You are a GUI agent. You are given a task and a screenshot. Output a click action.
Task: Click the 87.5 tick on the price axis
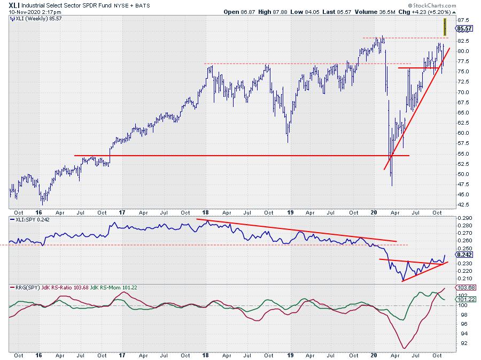click(463, 20)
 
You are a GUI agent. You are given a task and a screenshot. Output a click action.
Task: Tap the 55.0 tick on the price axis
click(463, 154)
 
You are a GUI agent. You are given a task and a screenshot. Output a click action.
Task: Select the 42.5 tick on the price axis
click(463, 205)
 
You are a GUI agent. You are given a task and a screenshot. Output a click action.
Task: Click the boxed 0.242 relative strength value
click(463, 256)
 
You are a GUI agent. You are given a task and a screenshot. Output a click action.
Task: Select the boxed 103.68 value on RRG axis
click(463, 288)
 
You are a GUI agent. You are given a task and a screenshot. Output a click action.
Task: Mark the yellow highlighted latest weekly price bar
click(445, 27)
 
